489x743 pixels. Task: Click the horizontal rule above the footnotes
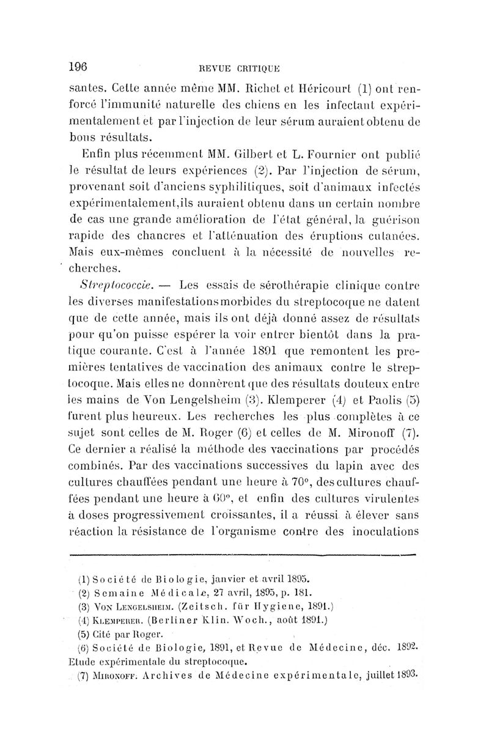coord(243,556)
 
